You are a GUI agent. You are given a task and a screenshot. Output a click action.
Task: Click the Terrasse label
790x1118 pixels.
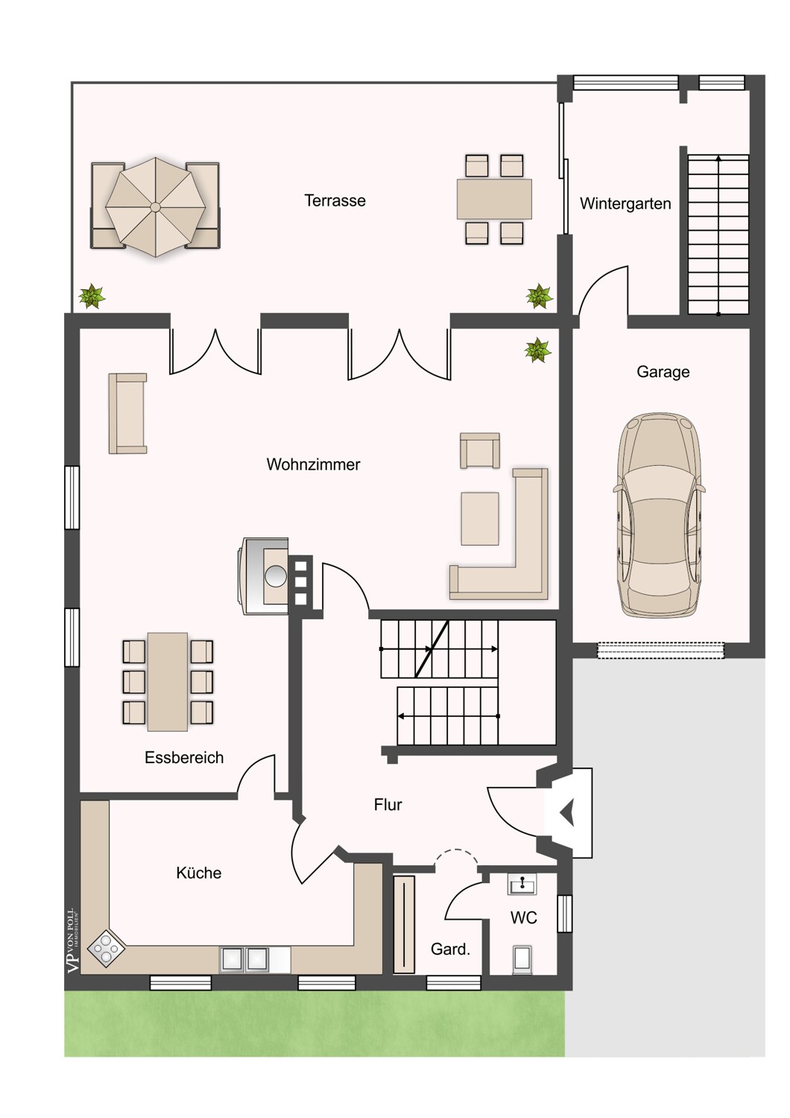[x=335, y=200]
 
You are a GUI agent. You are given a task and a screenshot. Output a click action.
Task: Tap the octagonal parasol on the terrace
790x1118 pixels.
[x=155, y=206]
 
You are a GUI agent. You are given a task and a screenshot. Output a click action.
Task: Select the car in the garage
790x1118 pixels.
[x=659, y=515]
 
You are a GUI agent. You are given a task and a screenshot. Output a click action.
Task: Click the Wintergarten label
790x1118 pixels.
[x=625, y=203]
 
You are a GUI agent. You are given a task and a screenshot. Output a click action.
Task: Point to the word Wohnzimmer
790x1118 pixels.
[x=313, y=464]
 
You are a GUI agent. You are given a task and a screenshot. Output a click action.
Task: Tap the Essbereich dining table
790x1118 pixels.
[x=168, y=681]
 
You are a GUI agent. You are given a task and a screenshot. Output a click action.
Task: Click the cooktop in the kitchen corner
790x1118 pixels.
[x=106, y=948]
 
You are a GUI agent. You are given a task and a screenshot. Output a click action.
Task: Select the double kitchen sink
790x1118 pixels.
[x=244, y=959]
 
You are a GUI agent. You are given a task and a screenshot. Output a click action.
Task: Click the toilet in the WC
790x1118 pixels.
[x=522, y=958]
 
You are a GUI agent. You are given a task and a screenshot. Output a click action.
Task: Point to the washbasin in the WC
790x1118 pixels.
[x=522, y=885]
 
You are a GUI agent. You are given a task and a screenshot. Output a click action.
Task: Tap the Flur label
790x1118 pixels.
[x=388, y=804]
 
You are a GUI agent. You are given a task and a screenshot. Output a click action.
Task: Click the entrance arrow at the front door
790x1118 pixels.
[x=568, y=813]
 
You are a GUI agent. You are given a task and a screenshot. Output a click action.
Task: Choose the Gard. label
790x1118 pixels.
[x=450, y=949]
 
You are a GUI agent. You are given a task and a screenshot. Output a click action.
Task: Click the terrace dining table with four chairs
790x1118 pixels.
[x=494, y=199]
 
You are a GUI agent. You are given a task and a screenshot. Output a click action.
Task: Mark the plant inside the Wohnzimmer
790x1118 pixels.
[x=537, y=350]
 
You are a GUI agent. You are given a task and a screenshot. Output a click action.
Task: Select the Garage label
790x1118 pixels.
[x=663, y=371]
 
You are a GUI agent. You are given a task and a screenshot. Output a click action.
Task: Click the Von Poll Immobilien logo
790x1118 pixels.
[x=72, y=941]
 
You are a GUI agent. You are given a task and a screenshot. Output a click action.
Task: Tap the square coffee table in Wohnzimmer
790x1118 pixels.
[x=480, y=519]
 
